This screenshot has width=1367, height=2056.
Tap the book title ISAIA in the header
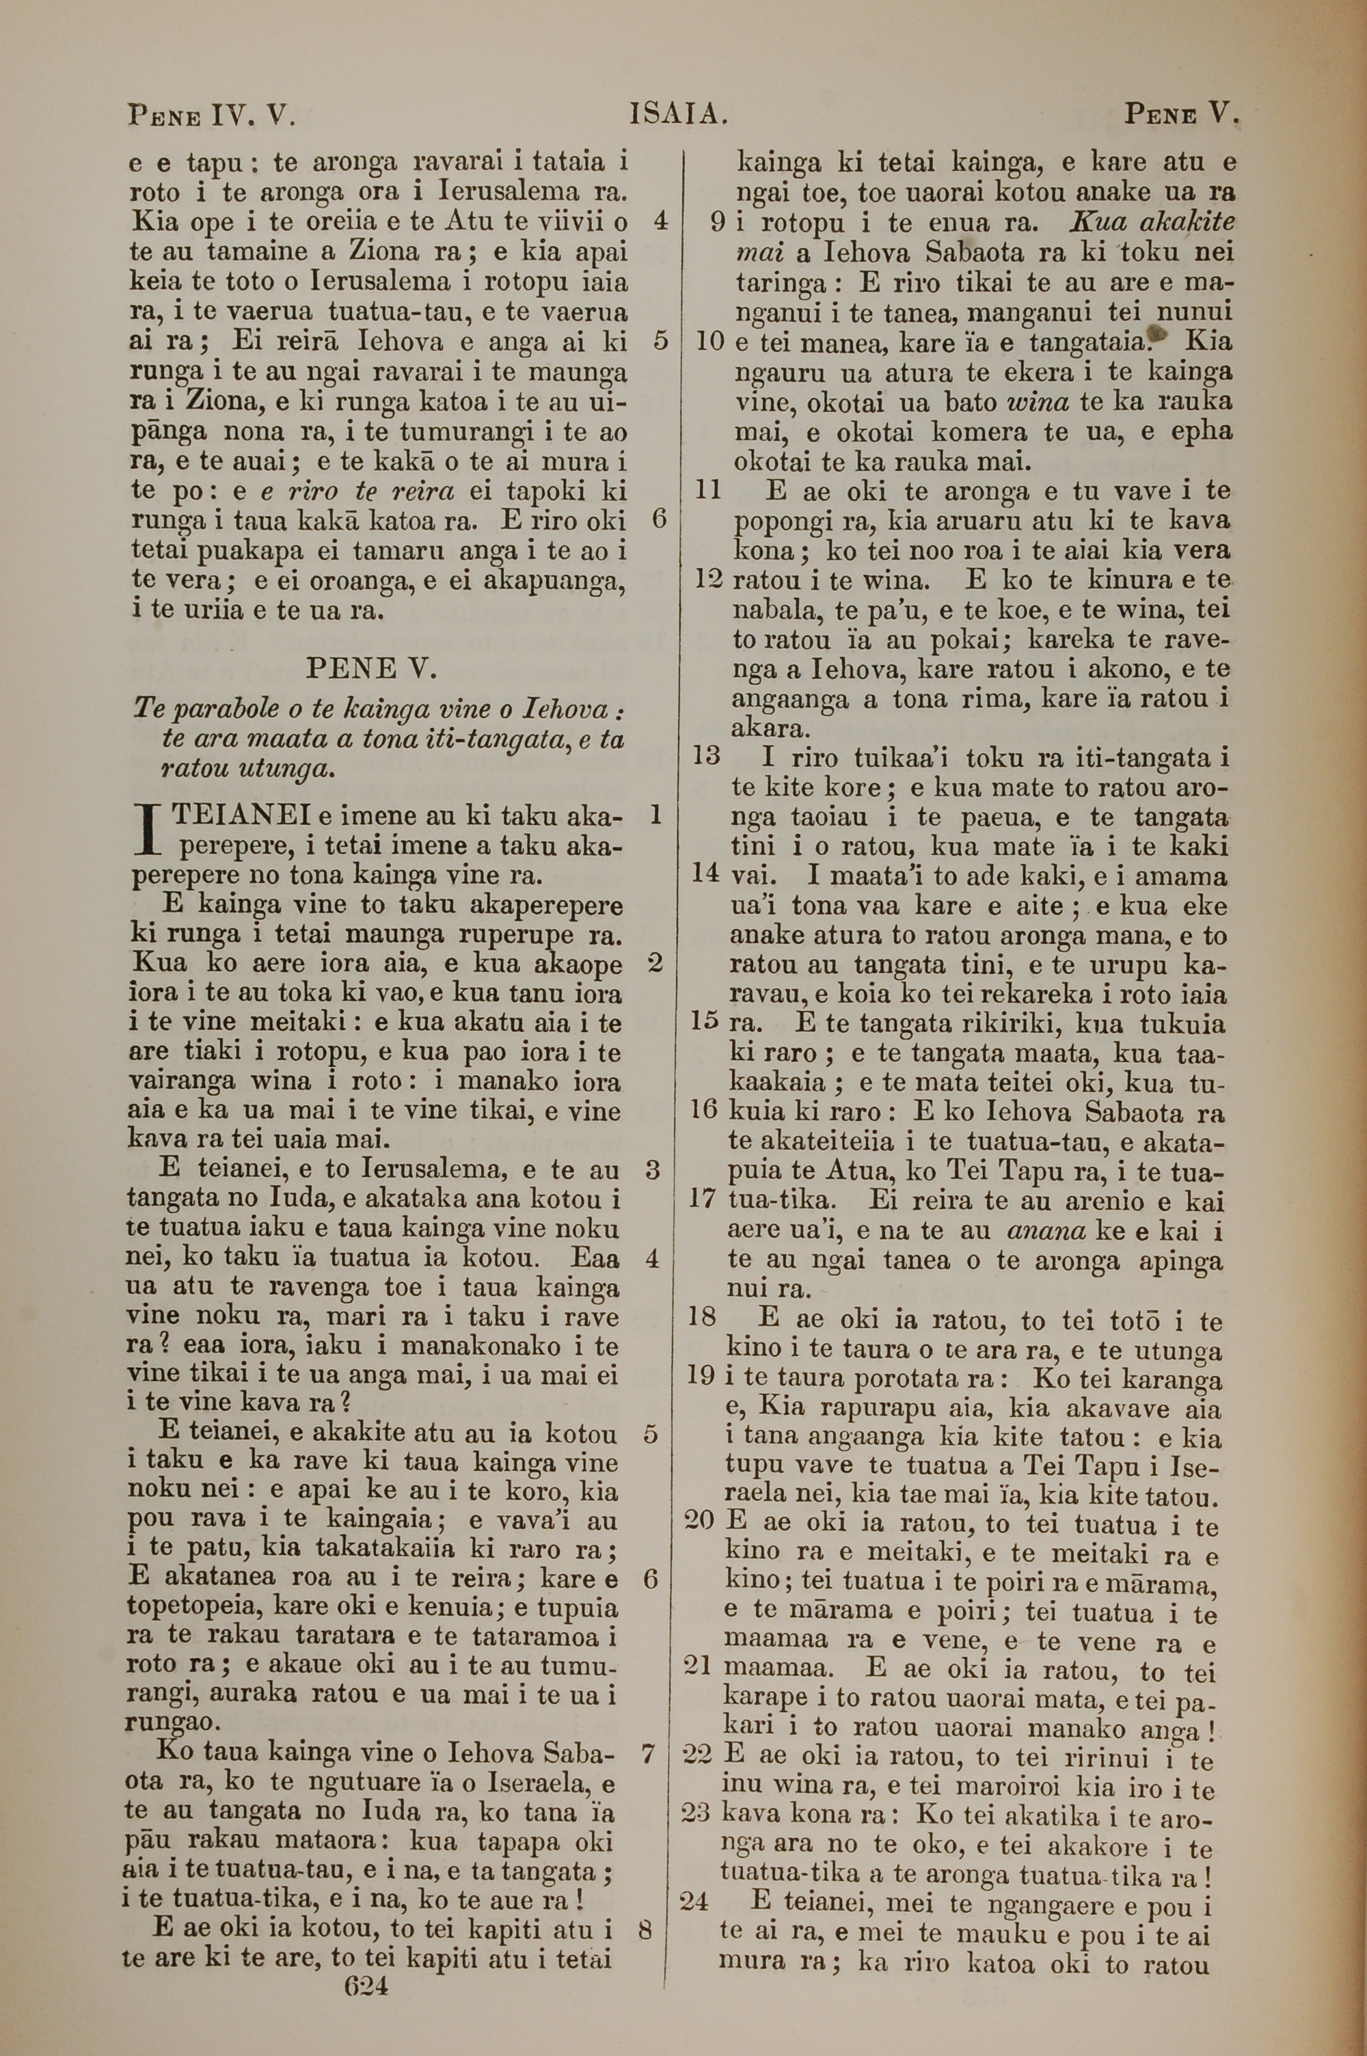(x=678, y=114)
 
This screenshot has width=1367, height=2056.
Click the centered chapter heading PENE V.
(x=371, y=669)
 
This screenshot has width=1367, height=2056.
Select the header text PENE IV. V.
(x=212, y=114)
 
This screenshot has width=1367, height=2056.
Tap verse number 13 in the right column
(x=706, y=755)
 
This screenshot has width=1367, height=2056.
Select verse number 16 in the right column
(x=703, y=1109)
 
